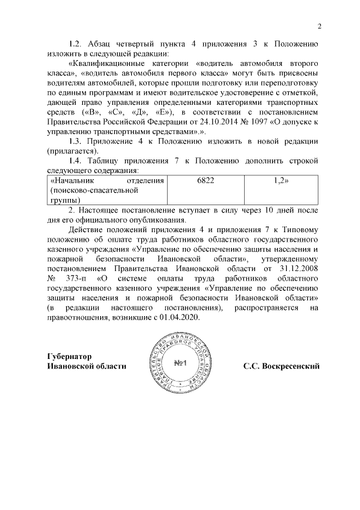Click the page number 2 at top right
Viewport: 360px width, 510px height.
point(319,26)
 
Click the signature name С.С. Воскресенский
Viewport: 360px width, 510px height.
point(281,366)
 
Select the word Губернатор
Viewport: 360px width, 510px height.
point(69,356)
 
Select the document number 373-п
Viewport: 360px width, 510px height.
point(76,279)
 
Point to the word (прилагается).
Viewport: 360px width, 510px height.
point(72,151)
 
